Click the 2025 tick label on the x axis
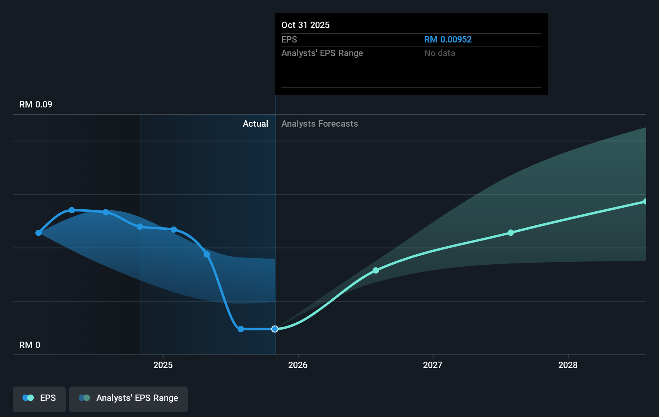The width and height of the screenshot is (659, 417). [163, 365]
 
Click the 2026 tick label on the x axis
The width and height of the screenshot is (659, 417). [298, 365]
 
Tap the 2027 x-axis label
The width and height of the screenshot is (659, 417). [433, 365]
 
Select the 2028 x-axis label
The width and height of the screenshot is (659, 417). [567, 365]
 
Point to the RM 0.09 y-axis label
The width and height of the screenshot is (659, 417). [36, 105]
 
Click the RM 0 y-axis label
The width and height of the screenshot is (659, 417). [30, 345]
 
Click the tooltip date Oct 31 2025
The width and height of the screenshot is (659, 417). [305, 25]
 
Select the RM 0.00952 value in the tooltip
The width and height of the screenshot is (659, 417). [447, 40]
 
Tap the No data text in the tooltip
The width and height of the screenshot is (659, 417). [439, 53]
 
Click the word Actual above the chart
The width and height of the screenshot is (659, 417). [255, 124]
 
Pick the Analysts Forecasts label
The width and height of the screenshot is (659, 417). [319, 124]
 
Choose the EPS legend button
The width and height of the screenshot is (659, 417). [39, 398]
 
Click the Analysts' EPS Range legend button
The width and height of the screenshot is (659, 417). [128, 398]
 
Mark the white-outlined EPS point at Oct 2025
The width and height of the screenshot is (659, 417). [275, 329]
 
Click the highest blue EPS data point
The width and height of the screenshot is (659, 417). [72, 210]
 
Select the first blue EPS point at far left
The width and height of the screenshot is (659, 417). [39, 233]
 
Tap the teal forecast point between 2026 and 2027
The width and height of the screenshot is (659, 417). [376, 271]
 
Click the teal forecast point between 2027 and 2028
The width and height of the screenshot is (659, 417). [511, 233]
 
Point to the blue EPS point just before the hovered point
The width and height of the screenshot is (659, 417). [241, 329]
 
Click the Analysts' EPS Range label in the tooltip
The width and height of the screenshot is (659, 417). [322, 53]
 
